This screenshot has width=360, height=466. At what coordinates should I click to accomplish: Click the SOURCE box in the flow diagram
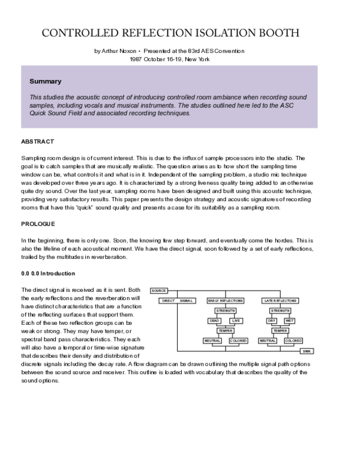pos(159,290)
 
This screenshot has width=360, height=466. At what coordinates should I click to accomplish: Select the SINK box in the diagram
pos(307,351)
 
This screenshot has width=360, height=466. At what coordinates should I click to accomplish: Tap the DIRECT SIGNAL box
pos(178,300)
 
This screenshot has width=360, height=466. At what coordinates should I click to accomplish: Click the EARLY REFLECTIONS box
pos(226,300)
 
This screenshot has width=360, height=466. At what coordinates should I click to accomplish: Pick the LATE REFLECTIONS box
pos(280,300)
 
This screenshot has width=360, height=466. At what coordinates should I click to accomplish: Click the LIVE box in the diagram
pos(236,321)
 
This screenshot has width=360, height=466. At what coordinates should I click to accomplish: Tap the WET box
pos(290,321)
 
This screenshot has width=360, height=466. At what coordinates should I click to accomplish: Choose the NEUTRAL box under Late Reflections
pos(268,340)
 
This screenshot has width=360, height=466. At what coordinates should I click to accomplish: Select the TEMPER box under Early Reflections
pos(226,330)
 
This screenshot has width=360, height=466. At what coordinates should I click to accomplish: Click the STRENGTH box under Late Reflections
pos(280,310)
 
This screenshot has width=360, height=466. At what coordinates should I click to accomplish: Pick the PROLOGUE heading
pos(38,224)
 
